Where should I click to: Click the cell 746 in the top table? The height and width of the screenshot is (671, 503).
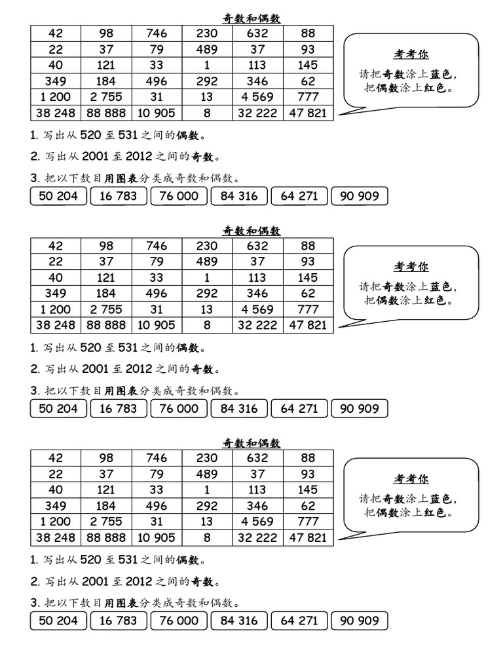point(157,33)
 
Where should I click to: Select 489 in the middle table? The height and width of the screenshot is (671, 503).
point(207,261)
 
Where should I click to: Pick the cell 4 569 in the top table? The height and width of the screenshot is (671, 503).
point(258,97)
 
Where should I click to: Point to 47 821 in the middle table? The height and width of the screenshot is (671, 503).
point(308,325)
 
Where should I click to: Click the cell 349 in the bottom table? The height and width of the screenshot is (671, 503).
point(56,506)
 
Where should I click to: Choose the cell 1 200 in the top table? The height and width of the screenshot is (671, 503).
point(56,97)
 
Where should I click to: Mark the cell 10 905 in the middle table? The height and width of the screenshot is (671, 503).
point(157,325)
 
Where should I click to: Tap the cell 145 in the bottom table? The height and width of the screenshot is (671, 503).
point(308,489)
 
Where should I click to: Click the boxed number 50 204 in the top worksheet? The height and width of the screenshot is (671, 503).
point(58,196)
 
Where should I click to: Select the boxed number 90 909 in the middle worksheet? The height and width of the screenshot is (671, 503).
point(360,408)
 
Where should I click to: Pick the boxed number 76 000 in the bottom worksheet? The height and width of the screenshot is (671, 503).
point(179,621)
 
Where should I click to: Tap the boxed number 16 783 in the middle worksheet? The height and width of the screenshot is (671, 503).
point(119,408)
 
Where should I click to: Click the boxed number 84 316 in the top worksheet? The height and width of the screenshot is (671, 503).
point(239,196)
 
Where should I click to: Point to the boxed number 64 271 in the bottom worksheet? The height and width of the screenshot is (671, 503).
point(299,621)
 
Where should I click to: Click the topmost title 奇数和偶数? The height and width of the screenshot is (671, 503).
point(251,18)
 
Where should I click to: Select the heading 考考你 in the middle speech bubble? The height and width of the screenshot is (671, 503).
point(411,267)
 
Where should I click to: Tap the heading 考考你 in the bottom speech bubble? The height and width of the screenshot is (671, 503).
point(411,479)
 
